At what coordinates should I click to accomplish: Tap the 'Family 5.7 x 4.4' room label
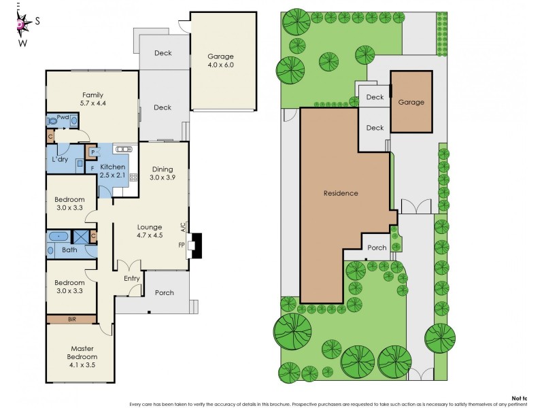(x=92, y=99)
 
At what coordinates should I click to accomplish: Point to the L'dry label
(x=60, y=160)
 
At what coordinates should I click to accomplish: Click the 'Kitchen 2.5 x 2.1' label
(x=113, y=171)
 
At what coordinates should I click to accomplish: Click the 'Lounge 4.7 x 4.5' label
(x=149, y=232)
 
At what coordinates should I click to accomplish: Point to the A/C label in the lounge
(x=182, y=227)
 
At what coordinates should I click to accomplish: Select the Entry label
(x=131, y=278)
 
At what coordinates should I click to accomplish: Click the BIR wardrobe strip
(x=71, y=318)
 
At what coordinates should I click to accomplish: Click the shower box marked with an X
(x=80, y=237)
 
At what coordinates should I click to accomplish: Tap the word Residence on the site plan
(x=340, y=193)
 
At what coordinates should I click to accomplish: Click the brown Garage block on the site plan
(x=411, y=102)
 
